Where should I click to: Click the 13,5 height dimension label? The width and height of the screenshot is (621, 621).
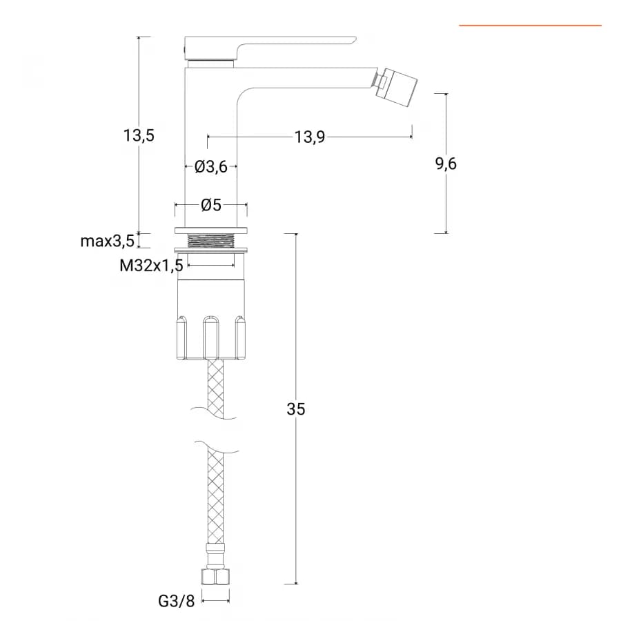click(x=139, y=135)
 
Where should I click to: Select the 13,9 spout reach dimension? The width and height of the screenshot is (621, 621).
click(x=309, y=137)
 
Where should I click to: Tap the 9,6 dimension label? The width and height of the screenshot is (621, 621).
click(x=446, y=163)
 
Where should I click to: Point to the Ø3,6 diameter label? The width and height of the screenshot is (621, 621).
click(x=210, y=167)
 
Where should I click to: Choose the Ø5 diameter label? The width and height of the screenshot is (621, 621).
click(x=210, y=205)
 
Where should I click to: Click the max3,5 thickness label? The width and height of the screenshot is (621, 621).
click(x=108, y=241)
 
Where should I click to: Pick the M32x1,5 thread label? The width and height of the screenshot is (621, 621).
click(x=151, y=266)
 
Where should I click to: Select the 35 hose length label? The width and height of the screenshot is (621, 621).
click(x=296, y=408)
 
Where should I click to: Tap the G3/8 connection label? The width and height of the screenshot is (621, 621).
click(x=176, y=601)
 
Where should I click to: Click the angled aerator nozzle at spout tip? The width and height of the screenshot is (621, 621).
click(x=395, y=87)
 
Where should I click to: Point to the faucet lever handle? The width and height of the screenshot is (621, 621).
click(x=270, y=48)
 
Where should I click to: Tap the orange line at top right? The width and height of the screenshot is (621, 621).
click(x=530, y=26)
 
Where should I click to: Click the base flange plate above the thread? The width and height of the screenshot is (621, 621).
click(x=211, y=230)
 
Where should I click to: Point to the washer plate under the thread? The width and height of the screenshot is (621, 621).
click(x=211, y=250)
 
